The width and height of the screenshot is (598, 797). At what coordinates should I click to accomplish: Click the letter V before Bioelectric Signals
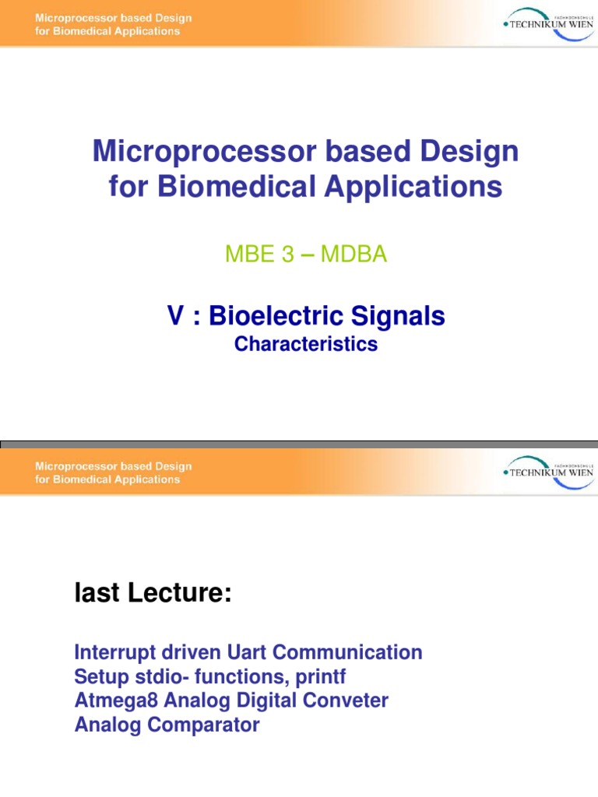click(174, 316)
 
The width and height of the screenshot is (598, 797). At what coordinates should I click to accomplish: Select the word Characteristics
click(305, 344)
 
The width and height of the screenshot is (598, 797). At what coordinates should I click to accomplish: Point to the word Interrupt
click(114, 652)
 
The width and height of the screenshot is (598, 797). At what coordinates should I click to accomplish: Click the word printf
click(319, 676)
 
